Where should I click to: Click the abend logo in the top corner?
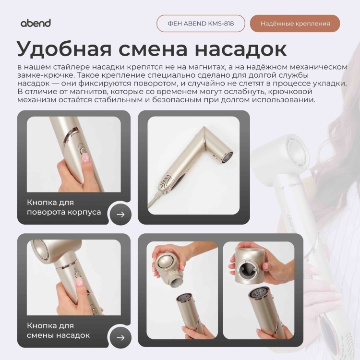(36, 23)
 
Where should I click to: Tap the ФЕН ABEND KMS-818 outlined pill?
(201, 24)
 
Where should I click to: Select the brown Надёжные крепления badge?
(295, 24)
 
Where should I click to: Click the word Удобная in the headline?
(64, 49)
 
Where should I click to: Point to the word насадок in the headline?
(240, 49)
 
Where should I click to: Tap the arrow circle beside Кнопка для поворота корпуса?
(120, 215)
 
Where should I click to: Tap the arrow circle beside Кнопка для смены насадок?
(120, 337)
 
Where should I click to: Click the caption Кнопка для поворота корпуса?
(64, 207)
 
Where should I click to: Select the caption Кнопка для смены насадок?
(58, 330)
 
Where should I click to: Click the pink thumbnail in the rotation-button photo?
(85, 158)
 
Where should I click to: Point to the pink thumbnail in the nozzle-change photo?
(79, 281)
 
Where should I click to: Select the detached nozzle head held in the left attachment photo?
(168, 267)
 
